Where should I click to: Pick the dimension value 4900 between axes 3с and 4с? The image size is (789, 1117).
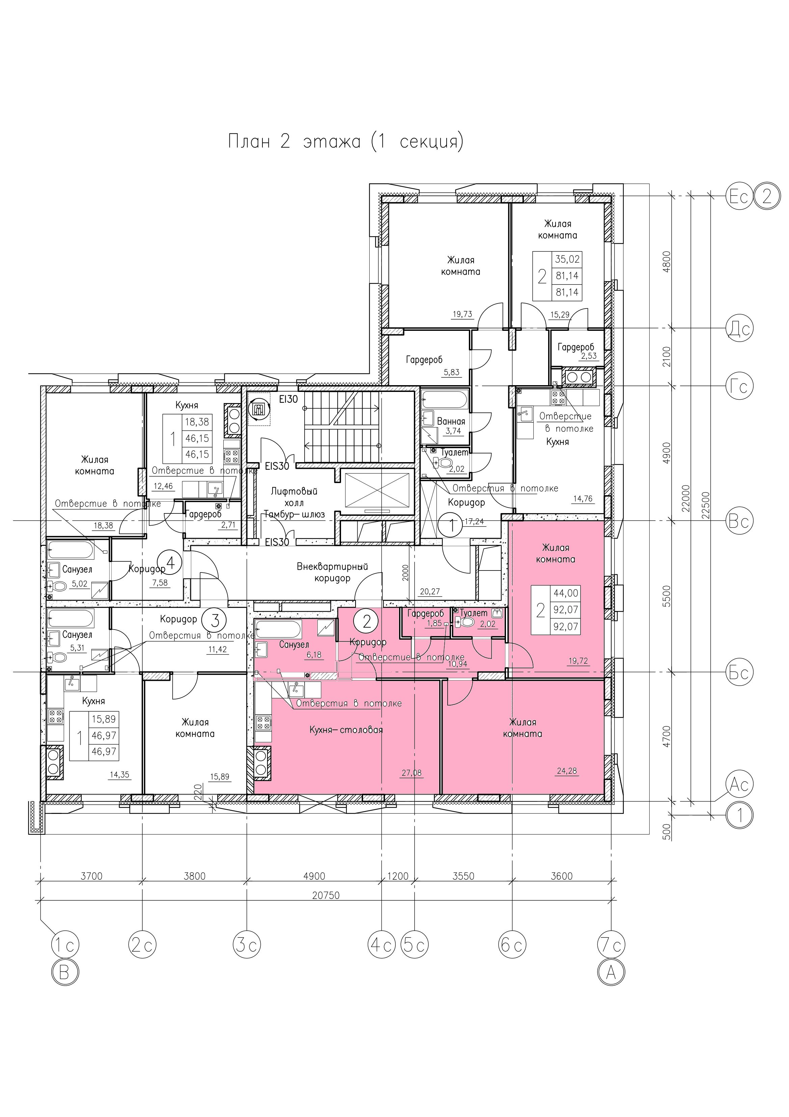[x=314, y=876]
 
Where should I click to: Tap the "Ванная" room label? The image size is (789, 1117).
[x=451, y=421]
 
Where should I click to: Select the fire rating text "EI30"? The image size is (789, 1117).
[x=288, y=399]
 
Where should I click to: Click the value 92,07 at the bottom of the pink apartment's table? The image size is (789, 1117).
[x=566, y=626]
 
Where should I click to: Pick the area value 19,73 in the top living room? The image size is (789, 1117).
[x=462, y=314]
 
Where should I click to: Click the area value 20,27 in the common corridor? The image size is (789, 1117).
[x=429, y=592]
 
